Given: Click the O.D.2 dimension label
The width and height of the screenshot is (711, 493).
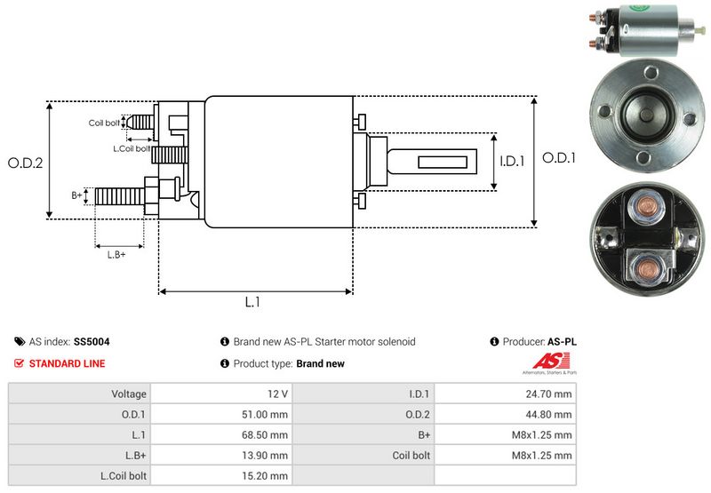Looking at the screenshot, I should [x=26, y=163].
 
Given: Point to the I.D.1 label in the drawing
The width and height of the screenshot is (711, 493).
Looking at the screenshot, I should [x=512, y=162].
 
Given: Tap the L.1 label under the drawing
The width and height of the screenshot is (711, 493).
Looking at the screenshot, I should [x=252, y=302].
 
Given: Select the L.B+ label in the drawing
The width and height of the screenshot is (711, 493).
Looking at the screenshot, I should [x=116, y=255].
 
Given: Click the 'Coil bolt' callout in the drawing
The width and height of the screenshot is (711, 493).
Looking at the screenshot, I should [x=104, y=123].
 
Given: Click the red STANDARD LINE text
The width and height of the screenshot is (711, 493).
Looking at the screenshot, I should [x=67, y=363].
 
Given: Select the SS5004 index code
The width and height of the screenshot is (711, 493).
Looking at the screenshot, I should [x=92, y=341].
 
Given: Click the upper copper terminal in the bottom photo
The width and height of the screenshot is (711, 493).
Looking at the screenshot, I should [x=641, y=209].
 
